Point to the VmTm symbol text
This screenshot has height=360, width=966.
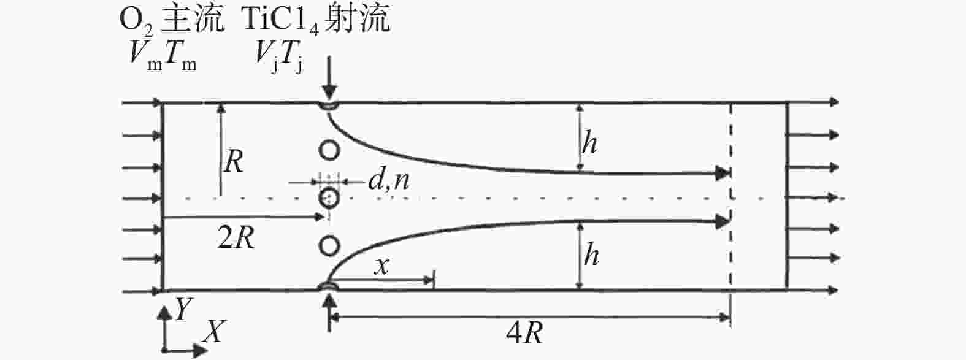pyautogui.click(x=163, y=56)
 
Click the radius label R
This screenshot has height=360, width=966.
pyautogui.click(x=234, y=163)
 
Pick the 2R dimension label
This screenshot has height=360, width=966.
pyautogui.click(x=236, y=239)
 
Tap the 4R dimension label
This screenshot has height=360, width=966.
pyautogui.click(x=524, y=335)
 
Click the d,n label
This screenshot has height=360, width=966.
pyautogui.click(x=389, y=182)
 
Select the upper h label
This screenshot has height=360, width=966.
pyautogui.click(x=589, y=144)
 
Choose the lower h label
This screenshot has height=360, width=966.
pyautogui.click(x=591, y=255)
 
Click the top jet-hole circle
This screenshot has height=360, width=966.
pyautogui.click(x=329, y=149)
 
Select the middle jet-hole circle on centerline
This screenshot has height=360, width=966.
pyautogui.click(x=329, y=197)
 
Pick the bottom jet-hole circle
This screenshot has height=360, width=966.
pyautogui.click(x=329, y=246)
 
